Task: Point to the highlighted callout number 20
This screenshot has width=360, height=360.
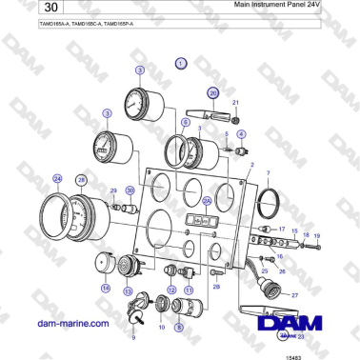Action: (213, 92)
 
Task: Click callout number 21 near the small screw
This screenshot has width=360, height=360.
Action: (236, 102)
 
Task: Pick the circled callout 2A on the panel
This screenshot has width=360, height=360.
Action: (206, 201)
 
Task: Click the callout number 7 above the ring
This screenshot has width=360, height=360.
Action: (269, 172)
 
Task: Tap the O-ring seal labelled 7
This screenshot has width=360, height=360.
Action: (270, 201)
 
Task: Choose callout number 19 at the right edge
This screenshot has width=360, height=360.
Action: (317, 235)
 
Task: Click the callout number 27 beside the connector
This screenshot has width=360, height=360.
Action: (295, 296)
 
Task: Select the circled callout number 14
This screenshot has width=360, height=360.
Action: (106, 287)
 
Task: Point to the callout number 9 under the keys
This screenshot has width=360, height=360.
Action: (132, 337)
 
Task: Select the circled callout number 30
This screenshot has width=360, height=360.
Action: (130, 190)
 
